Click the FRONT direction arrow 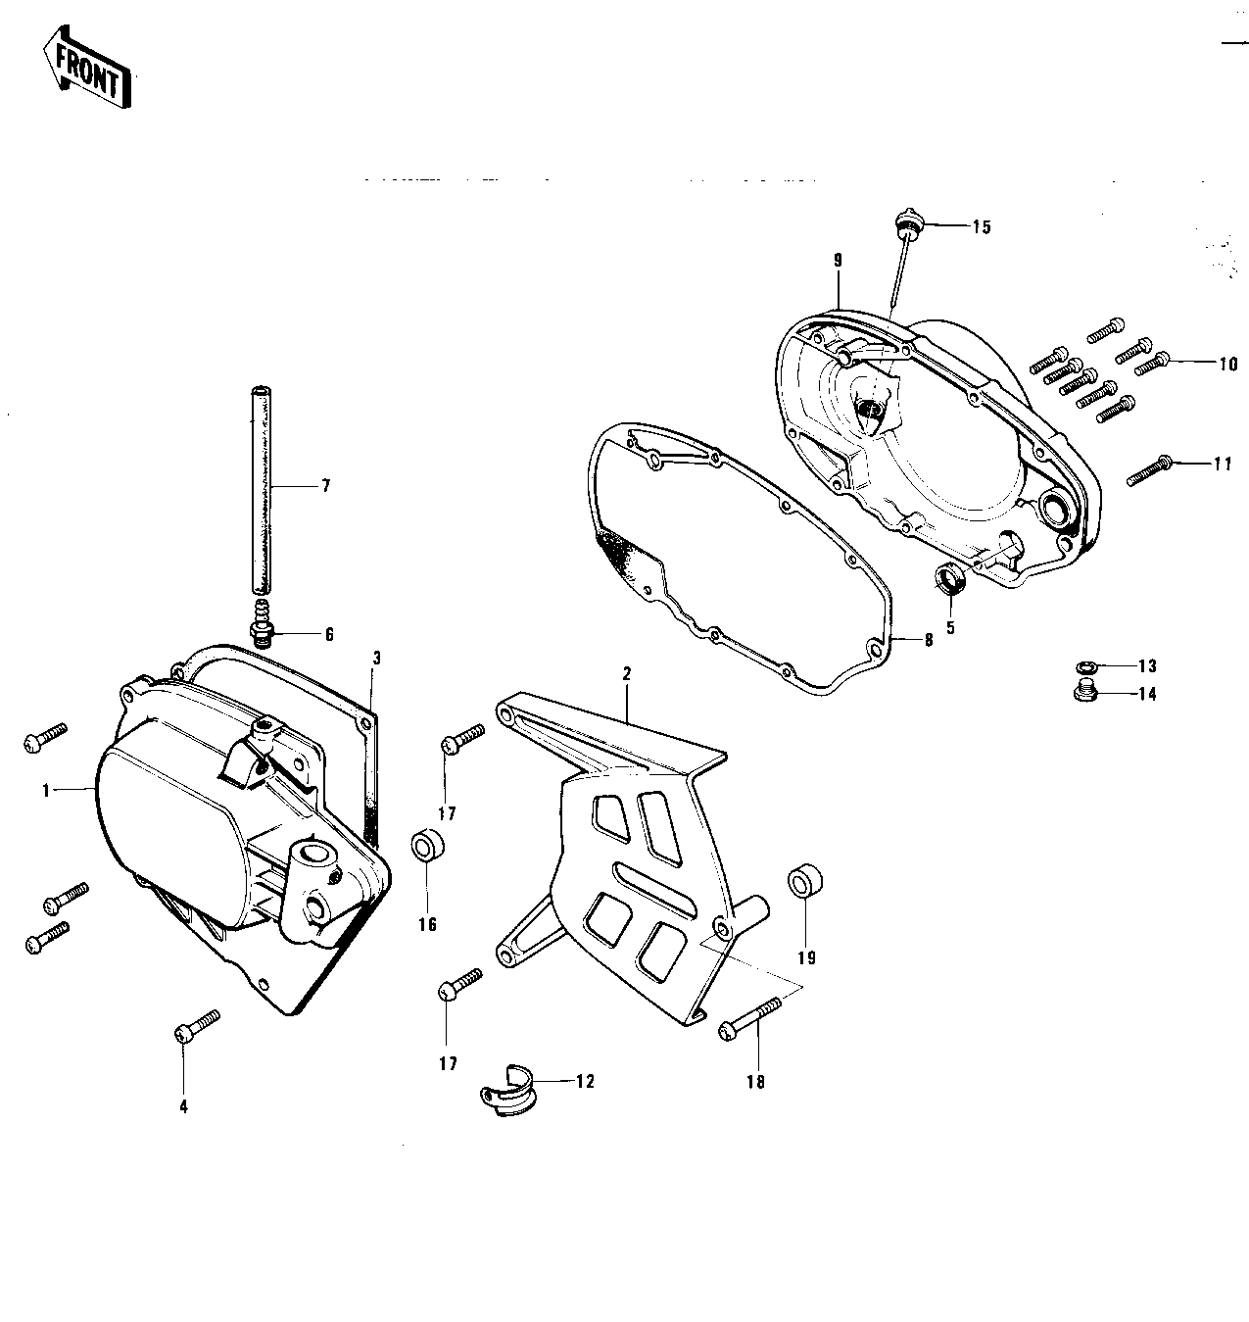click(x=86, y=68)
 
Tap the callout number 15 click(x=982, y=227)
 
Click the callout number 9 click(x=838, y=261)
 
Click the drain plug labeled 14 click(x=1085, y=691)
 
